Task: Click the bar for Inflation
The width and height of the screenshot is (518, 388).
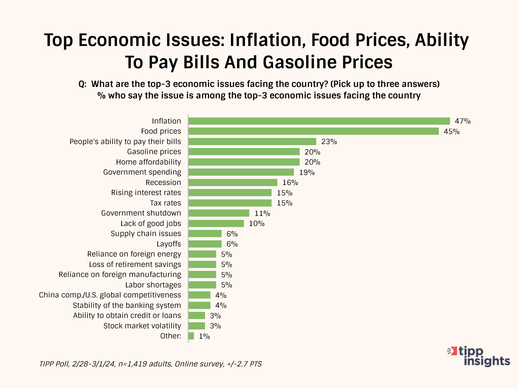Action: tap(319, 121)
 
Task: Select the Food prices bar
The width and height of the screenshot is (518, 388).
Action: tap(313, 131)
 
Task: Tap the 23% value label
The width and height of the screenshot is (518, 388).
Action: tap(329, 142)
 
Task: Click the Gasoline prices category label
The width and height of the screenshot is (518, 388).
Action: tap(154, 152)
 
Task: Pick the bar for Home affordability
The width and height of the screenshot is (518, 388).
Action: tap(244, 162)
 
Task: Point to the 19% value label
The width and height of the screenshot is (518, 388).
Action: tap(307, 172)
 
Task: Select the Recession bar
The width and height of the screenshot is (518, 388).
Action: tap(233, 183)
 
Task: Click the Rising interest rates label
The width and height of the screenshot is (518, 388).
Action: tap(146, 193)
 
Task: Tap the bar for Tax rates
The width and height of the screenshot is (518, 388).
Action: tap(230, 203)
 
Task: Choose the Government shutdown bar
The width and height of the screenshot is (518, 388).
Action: tap(219, 213)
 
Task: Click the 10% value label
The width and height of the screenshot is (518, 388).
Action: tap(257, 223)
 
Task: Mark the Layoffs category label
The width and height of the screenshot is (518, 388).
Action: tap(169, 244)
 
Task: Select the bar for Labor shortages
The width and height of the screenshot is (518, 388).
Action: tap(202, 285)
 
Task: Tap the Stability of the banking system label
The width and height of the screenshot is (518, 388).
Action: tap(127, 305)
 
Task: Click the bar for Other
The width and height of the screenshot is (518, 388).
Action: tap(191, 336)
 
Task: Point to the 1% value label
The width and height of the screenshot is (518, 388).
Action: tap(204, 336)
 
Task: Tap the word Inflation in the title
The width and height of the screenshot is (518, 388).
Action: tap(264, 40)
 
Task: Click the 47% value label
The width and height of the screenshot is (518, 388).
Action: tap(463, 121)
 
